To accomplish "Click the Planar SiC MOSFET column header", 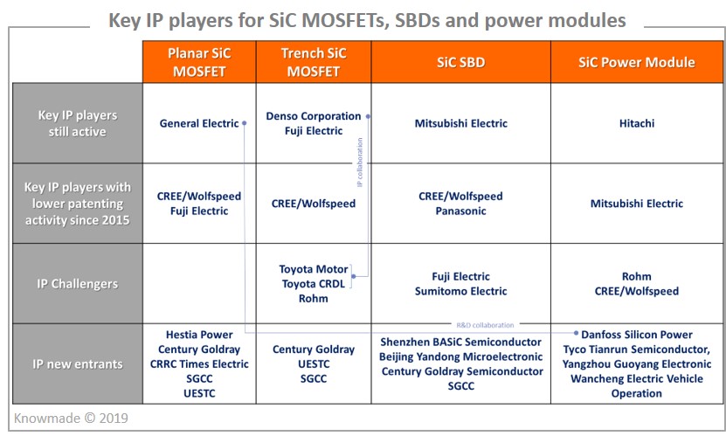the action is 199,62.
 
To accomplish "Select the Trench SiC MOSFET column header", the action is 314,62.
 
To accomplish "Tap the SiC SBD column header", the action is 460,62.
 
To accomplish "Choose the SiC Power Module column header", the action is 637,62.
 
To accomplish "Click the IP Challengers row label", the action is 78,284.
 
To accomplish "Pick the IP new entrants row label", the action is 78,364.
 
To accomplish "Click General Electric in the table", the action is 199,123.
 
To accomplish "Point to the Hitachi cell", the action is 637,123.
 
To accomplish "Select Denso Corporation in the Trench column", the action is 314,116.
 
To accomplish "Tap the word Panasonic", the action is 460,211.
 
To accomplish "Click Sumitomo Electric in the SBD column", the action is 460,291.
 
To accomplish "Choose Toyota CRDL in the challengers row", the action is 314,284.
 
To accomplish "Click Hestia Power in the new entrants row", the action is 199,335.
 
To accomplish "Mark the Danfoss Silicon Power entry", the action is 637,335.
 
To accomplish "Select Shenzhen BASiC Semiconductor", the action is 460,342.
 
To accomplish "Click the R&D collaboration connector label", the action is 485,325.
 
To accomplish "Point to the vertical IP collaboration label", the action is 360,162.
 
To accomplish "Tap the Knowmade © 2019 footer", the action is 71,419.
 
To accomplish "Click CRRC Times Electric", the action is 199,364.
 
